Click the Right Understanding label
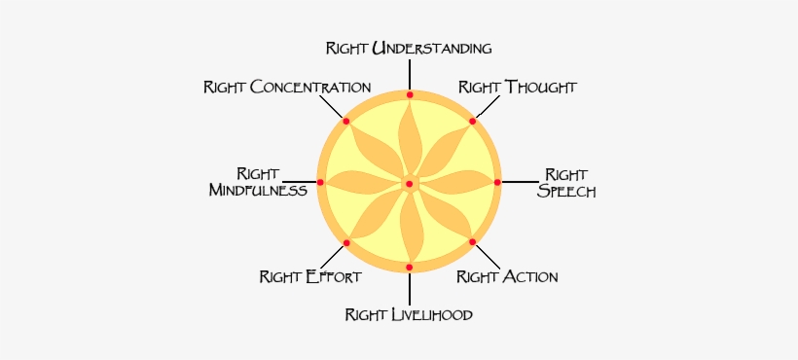(x=409, y=48)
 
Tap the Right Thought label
(x=518, y=88)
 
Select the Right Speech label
(x=566, y=183)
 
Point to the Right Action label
(x=507, y=277)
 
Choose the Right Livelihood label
(x=409, y=314)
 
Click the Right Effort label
(x=310, y=277)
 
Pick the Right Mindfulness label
(x=258, y=182)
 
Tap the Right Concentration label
(x=287, y=88)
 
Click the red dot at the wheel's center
(x=409, y=183)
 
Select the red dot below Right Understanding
(x=410, y=95)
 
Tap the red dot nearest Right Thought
(x=473, y=121)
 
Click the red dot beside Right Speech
(x=497, y=182)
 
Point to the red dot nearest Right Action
(x=472, y=241)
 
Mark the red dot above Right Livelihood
(x=409, y=267)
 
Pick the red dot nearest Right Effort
(x=346, y=241)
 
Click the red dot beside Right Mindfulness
(x=320, y=182)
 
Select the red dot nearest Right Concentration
(x=345, y=121)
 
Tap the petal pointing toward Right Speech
(x=455, y=182)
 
